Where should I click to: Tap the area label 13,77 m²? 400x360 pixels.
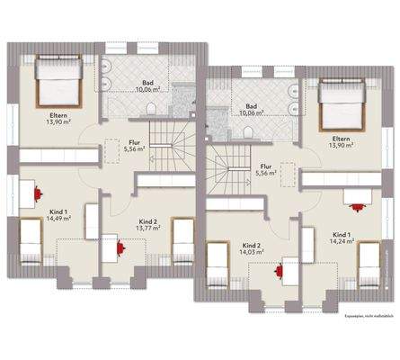148,229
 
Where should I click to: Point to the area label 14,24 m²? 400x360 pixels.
341,241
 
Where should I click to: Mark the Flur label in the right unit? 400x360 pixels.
266,166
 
